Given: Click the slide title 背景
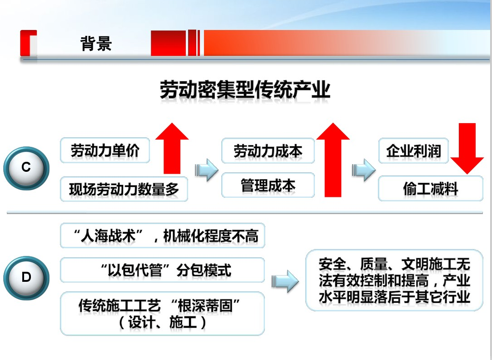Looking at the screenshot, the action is click(x=96, y=43).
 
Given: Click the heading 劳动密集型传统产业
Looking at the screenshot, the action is click(x=245, y=90).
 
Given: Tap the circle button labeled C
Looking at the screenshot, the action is click(x=26, y=168).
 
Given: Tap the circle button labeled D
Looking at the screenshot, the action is click(x=26, y=277).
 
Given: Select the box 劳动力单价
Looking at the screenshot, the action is click(x=105, y=150).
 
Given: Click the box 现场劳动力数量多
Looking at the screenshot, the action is click(x=124, y=189).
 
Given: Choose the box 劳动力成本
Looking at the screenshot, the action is click(x=268, y=150).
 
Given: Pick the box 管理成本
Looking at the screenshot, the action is click(x=268, y=185).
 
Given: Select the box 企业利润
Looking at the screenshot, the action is click(x=413, y=150).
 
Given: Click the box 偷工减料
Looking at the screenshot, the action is click(x=431, y=188).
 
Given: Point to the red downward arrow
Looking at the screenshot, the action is click(x=467, y=149).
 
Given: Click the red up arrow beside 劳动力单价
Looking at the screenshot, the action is click(x=172, y=148).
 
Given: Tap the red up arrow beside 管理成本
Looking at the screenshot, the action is click(x=333, y=160).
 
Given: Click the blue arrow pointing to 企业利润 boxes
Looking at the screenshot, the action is click(x=364, y=170).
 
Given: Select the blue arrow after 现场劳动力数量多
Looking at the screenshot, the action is click(x=207, y=170).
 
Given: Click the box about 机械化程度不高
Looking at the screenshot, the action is click(x=163, y=236).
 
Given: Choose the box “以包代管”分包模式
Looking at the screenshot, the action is click(x=163, y=270).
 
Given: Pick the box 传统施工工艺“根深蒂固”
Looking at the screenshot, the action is click(x=163, y=314).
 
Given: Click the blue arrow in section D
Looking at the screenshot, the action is click(x=285, y=281).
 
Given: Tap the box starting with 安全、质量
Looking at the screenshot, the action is click(x=394, y=280).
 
